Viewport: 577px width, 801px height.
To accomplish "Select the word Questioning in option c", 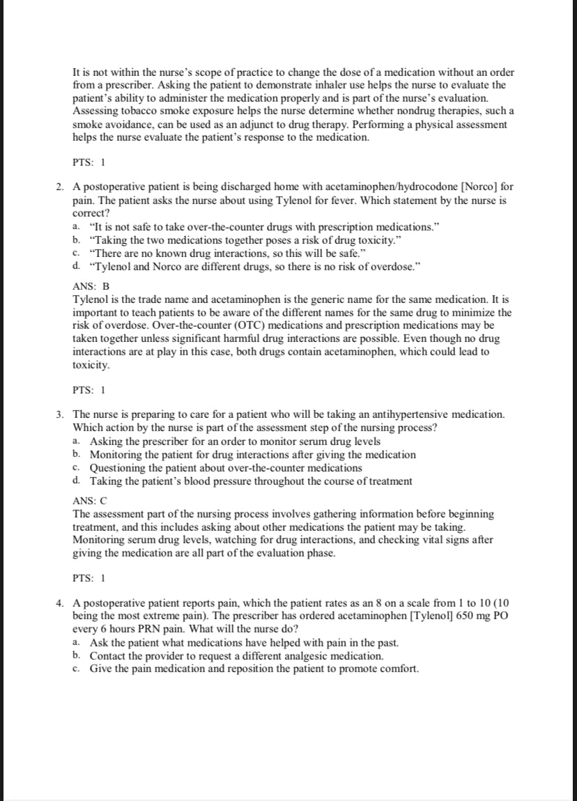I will pyautogui.click(x=118, y=468).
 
